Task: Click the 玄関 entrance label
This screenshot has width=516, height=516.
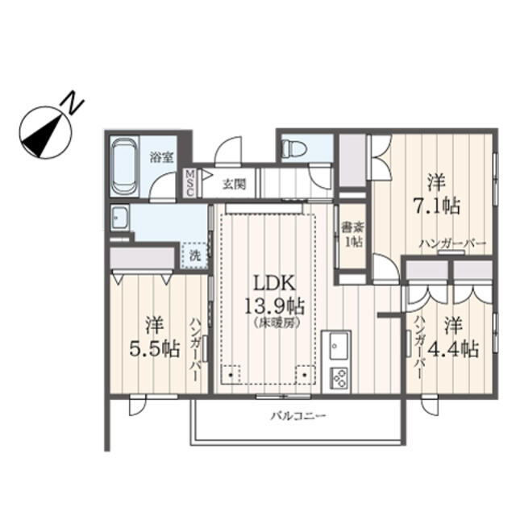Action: point(235,183)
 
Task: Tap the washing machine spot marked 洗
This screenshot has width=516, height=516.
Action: point(194,254)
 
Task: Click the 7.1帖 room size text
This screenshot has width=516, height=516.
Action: point(438,206)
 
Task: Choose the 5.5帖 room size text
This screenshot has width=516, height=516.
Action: point(154,349)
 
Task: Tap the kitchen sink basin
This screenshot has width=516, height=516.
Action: point(335,348)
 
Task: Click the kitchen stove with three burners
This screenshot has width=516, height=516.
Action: point(339,377)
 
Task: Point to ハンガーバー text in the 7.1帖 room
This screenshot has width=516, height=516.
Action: point(452,243)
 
